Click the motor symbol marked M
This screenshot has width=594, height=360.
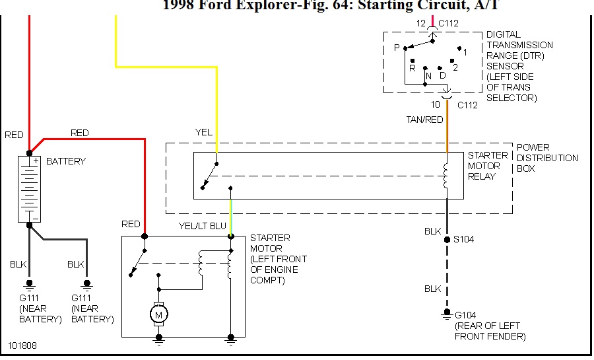tap(158, 314)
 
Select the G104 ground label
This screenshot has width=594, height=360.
tap(466, 315)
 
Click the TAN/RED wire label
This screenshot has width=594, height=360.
tap(424, 120)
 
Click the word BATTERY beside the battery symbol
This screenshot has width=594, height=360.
tap(66, 161)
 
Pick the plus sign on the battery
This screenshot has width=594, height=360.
tap(36, 161)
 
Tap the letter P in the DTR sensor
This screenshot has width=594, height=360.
tap(397, 48)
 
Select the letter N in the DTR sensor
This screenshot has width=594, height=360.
tap(428, 76)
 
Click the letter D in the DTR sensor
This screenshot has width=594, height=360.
tap(443, 76)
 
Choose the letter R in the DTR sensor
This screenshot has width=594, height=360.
tap(412, 68)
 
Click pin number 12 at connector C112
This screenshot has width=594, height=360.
tap(420, 23)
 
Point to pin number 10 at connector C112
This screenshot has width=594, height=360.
tap(436, 104)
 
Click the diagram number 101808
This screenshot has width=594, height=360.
tap(22, 345)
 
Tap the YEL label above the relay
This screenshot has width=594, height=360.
tap(204, 132)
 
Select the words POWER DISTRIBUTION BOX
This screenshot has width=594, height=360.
tap(547, 158)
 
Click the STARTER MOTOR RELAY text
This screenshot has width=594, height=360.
tap(488, 166)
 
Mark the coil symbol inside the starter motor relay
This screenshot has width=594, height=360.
tap(446, 174)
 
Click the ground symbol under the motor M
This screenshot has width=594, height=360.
tap(158, 338)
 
